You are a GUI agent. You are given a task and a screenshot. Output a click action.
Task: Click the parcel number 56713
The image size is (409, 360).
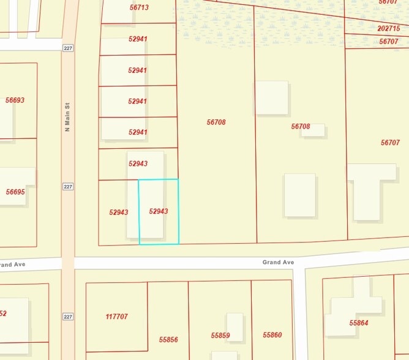pos(139,7)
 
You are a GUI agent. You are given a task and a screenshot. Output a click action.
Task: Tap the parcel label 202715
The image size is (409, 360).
pos(389,29)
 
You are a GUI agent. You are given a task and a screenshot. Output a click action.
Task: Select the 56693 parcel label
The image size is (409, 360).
pos(15,100)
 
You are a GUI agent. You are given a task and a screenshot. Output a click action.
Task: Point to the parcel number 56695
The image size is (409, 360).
pos(15,192)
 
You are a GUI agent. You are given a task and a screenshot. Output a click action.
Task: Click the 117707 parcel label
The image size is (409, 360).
pos(116,317)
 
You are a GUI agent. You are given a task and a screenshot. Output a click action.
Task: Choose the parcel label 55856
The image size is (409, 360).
pos(168,339)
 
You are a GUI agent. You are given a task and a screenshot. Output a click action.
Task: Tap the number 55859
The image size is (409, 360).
pos(220,336)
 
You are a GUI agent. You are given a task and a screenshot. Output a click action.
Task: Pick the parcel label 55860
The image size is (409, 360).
pos(272,335)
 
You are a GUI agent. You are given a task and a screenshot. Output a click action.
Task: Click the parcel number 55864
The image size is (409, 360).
pos(359,323)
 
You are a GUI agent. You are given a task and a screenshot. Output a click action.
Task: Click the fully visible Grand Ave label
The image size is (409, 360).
pos(278,262)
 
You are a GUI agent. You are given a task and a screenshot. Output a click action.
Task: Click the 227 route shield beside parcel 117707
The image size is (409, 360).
pos(67,316)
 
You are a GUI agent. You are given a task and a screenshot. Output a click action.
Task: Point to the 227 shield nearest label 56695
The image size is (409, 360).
pos(67,186)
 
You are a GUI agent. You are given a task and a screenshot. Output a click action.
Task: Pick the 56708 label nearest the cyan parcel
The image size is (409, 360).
pos(216,122)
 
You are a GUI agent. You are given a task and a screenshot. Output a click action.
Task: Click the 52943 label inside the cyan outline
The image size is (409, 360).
pos(158,211)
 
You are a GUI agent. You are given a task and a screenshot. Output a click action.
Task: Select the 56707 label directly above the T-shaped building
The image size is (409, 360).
pos(390,142)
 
